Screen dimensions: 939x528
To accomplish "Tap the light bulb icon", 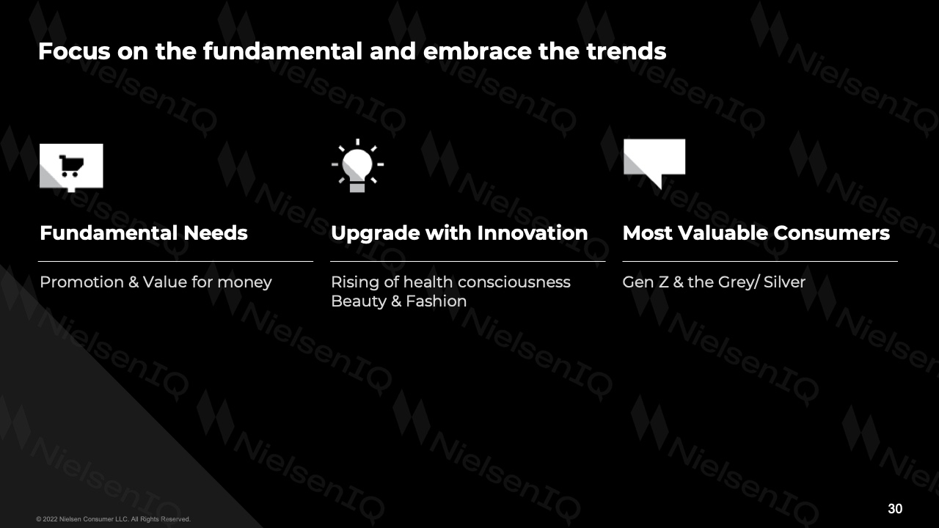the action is click(x=357, y=166).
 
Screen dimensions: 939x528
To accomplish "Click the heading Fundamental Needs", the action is click(x=143, y=233).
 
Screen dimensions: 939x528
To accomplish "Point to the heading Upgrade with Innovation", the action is click(x=459, y=234).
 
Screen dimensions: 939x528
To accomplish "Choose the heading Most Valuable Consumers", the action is click(x=756, y=233).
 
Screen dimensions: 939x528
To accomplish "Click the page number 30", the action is click(x=895, y=508).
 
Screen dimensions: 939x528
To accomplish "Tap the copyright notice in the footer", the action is click(x=113, y=518).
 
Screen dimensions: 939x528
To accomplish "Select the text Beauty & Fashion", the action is click(x=398, y=301).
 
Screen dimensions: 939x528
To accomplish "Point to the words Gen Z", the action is click(x=646, y=282).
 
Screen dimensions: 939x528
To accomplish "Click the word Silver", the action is click(x=784, y=282).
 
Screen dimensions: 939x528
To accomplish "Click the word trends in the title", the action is click(x=626, y=51).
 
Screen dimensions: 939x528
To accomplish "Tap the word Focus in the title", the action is click(x=75, y=51).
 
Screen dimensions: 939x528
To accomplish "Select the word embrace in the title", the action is click(x=478, y=51).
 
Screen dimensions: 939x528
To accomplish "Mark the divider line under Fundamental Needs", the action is click(x=175, y=261).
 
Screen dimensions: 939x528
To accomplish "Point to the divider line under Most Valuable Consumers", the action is click(x=760, y=261).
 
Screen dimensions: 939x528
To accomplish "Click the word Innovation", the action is click(x=533, y=233).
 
